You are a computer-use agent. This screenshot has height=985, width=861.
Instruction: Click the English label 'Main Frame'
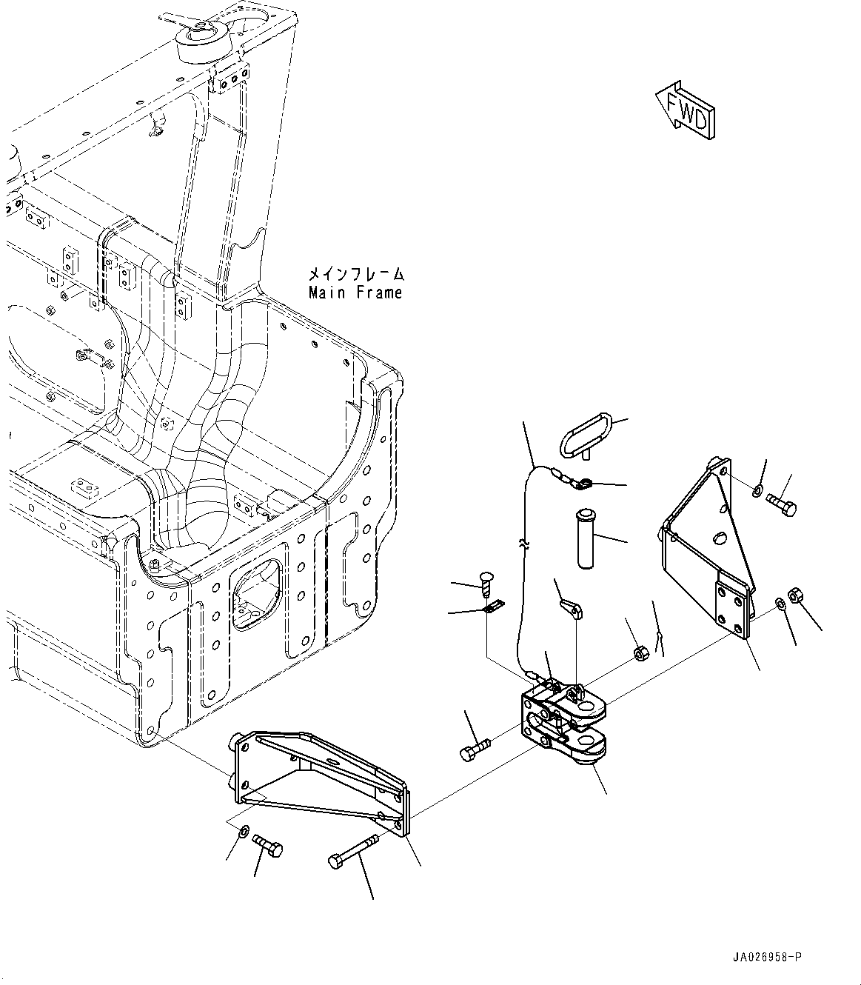356,293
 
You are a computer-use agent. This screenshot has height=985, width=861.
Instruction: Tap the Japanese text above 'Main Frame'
356,274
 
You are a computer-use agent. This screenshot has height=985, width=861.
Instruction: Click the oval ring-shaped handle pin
585,436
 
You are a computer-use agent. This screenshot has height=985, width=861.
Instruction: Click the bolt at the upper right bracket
781,506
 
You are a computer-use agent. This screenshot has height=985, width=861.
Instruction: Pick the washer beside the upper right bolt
757,490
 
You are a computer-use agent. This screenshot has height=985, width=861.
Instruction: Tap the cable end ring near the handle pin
583,484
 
